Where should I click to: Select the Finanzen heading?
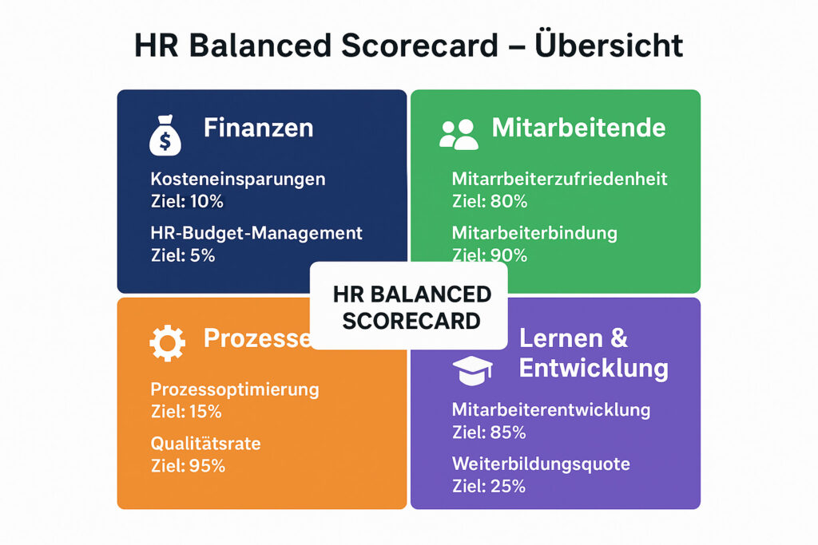(258, 128)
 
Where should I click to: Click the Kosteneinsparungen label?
(238, 179)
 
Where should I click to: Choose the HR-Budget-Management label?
(256, 233)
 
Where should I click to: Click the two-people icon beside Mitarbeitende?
(459, 134)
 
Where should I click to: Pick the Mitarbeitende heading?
(578, 128)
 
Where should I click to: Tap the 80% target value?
(508, 201)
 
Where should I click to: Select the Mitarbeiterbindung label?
(534, 233)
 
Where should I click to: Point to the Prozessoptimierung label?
(235, 390)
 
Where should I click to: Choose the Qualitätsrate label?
(205, 444)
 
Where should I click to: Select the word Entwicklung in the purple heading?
(594, 368)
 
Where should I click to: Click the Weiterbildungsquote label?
(541, 464)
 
